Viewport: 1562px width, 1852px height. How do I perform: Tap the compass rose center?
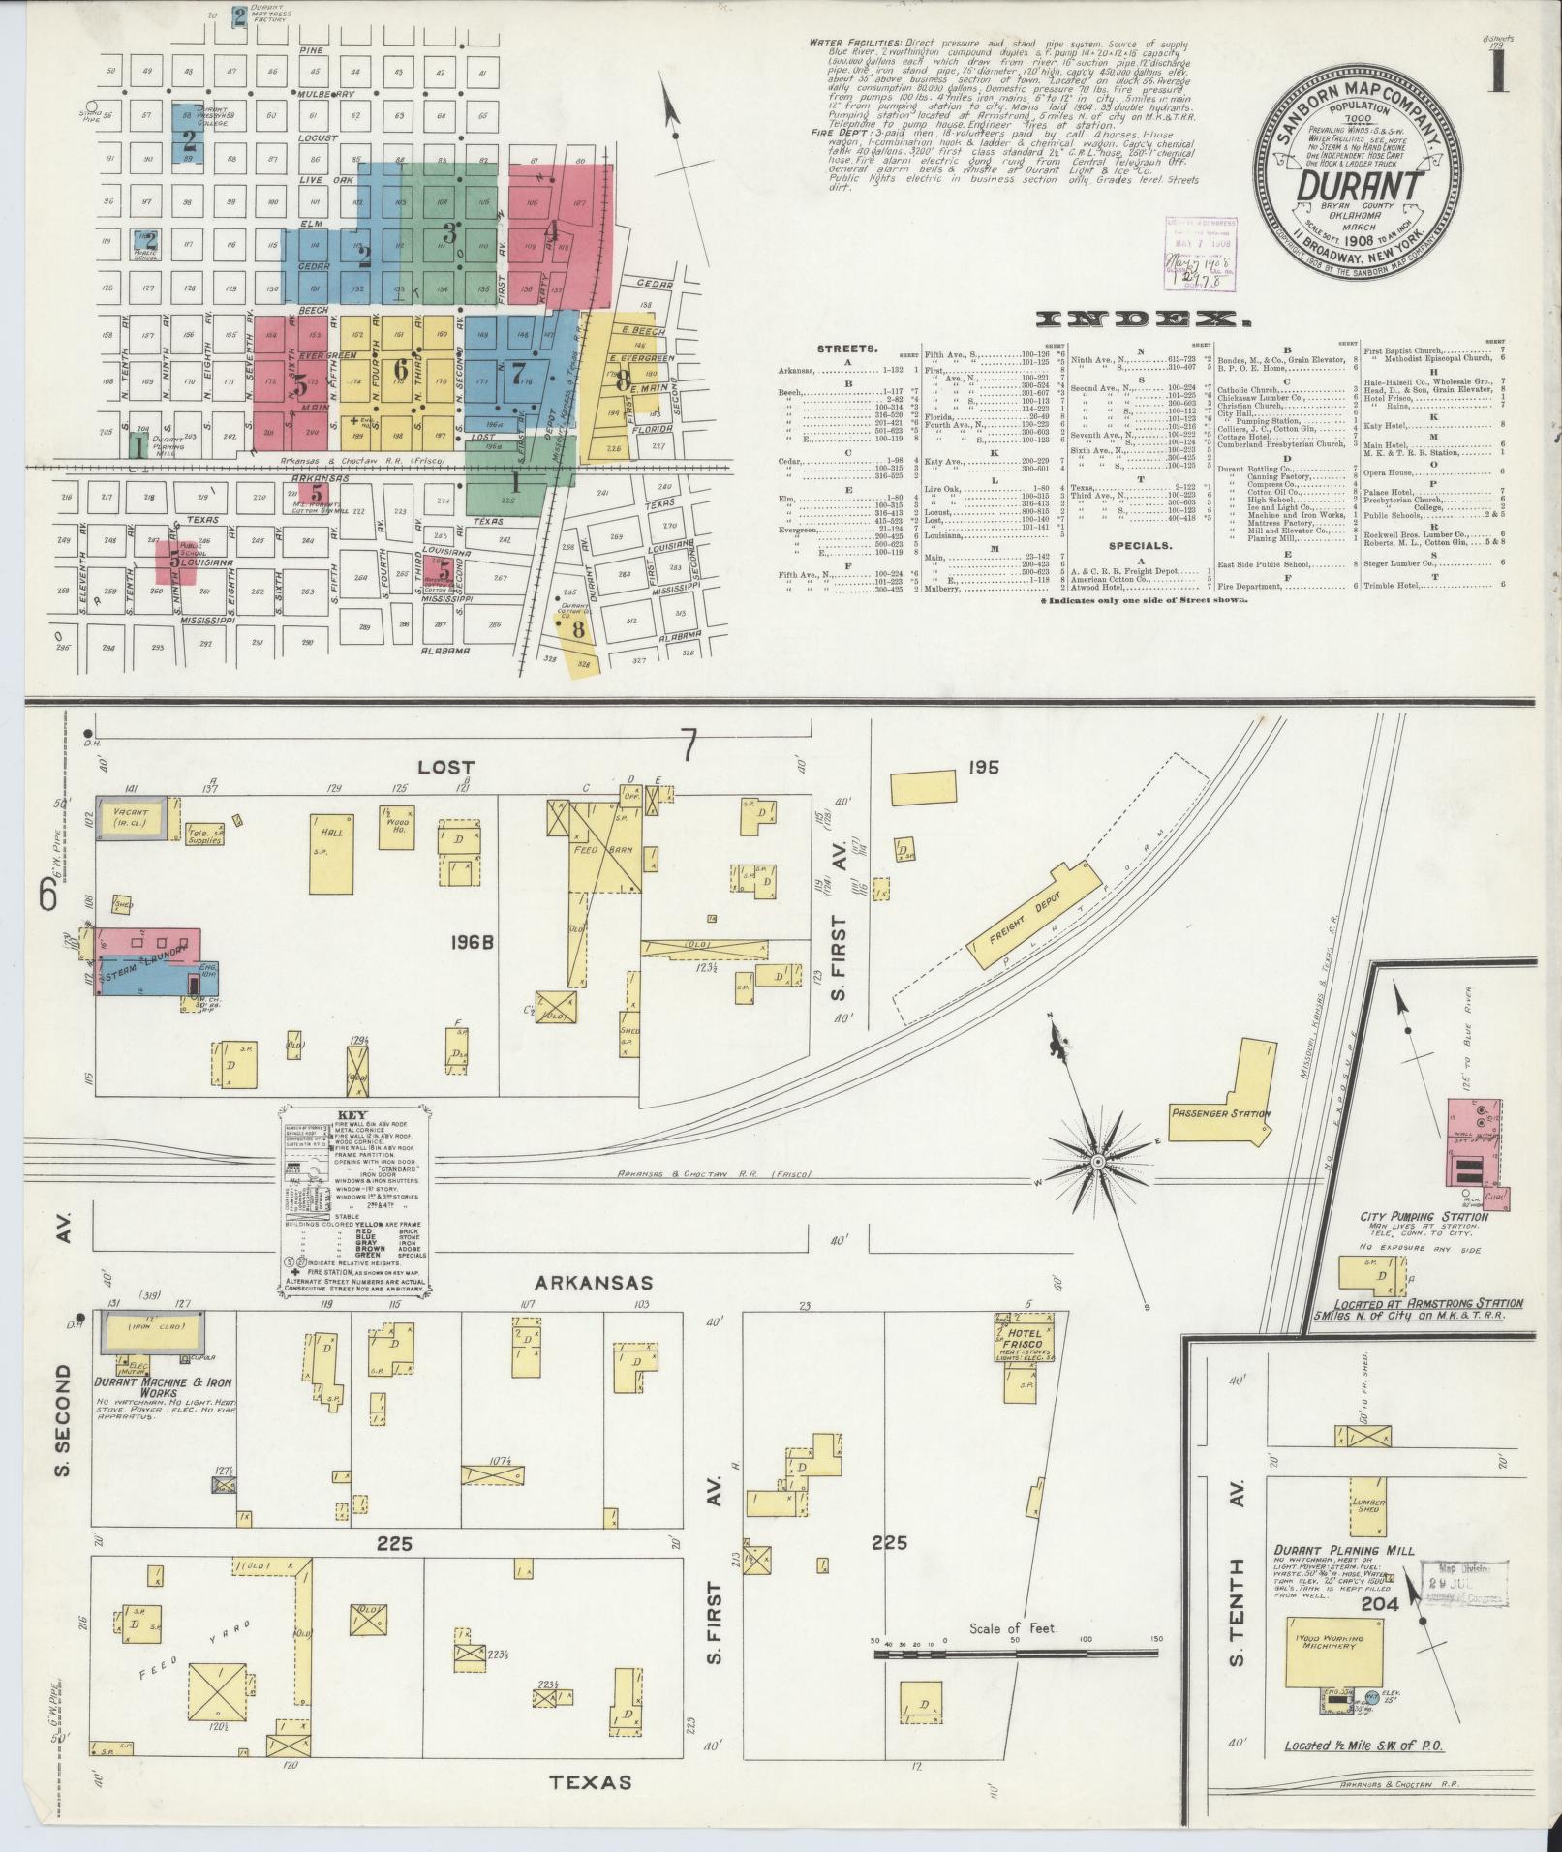(1098, 1160)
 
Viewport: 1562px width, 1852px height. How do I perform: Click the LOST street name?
(447, 767)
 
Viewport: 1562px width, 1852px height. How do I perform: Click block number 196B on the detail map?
(473, 940)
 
